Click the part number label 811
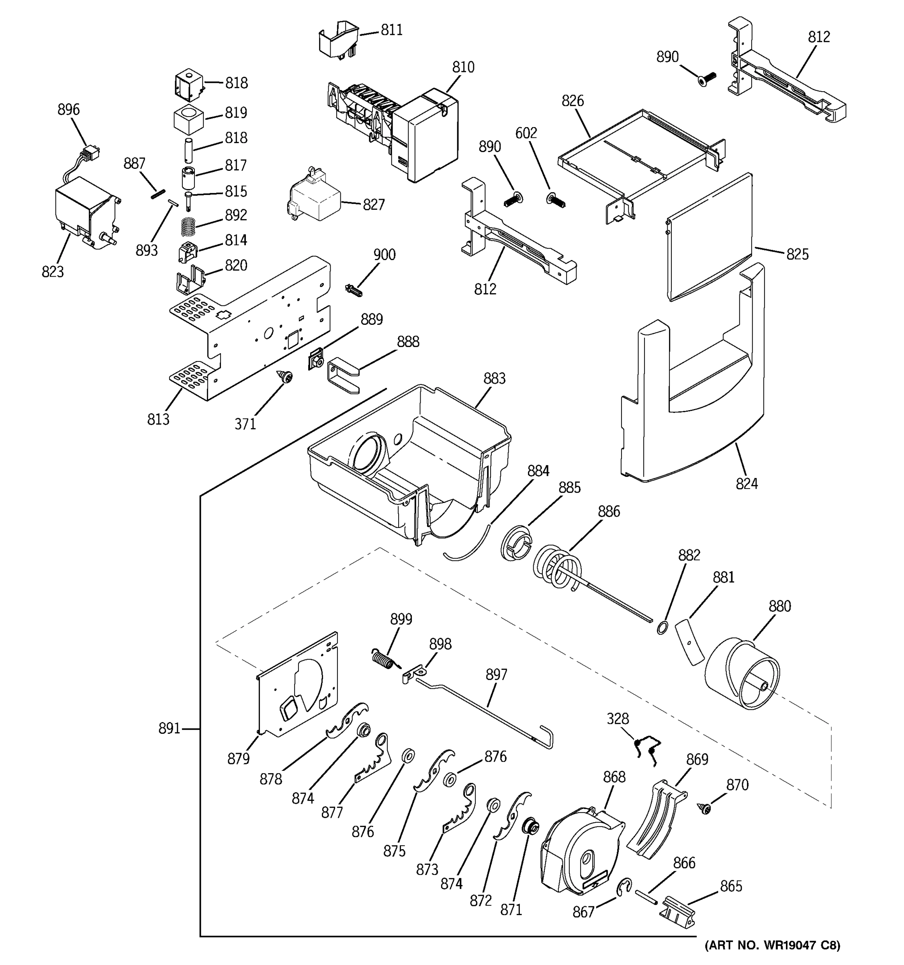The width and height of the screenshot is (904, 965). click(391, 30)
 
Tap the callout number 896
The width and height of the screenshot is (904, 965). click(68, 110)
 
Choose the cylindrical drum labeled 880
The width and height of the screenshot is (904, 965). click(742, 675)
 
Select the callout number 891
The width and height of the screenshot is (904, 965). click(169, 728)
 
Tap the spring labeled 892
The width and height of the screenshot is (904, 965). click(189, 227)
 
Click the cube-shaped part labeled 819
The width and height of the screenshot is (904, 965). click(188, 118)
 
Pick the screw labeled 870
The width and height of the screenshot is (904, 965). click(705, 808)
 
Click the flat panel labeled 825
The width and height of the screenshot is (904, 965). click(709, 238)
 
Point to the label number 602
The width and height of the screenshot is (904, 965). click(526, 133)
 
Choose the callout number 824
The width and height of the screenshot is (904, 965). click(747, 483)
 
